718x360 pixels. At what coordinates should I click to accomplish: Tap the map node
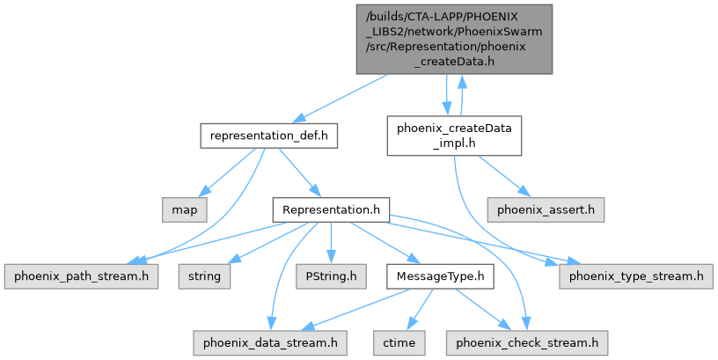pos(184,210)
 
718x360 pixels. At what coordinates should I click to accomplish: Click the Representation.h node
pos(331,210)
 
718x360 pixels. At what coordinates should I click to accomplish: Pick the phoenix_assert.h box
pos(546,210)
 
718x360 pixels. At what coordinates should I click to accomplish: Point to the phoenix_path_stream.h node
pos(80,277)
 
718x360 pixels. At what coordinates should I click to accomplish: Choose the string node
pos(204,277)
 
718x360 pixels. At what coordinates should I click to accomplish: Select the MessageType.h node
pos(440,277)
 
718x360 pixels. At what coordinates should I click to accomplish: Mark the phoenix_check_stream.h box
pos(526,339)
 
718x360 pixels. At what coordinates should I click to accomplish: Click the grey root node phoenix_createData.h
pos(454,39)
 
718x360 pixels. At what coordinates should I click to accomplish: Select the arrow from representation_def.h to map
pos(231,170)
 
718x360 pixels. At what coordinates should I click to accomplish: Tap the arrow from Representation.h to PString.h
pos(331,244)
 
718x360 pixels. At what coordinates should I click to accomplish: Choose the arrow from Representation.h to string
pos(267,244)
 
